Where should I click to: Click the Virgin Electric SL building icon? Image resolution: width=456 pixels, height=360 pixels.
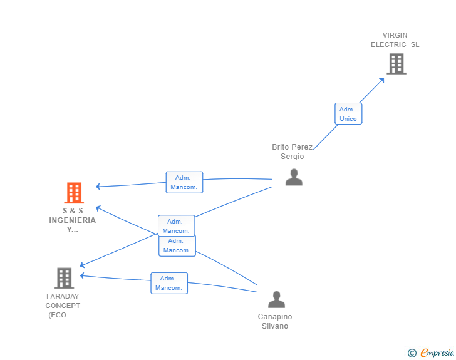pos(396,63)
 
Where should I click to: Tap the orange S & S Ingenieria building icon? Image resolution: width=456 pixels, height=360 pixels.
pos(74,193)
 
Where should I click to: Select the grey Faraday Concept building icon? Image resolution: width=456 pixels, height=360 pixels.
pos(64,278)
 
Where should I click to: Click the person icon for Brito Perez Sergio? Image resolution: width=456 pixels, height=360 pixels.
pos(294,177)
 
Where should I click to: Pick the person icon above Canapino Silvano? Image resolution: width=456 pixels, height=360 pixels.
pos(276,300)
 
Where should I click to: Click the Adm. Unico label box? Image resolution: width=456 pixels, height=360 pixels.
pos(348,114)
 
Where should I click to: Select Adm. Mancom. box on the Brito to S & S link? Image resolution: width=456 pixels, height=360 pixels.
pos(184,182)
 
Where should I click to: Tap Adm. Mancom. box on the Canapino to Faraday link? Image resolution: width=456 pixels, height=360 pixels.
pos(168,283)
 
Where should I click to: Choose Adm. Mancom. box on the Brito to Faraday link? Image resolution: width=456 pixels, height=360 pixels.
pos(176,226)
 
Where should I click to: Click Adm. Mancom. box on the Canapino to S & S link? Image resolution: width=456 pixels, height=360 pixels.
pos(177,245)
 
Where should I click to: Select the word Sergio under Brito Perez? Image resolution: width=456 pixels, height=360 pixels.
pos(292,157)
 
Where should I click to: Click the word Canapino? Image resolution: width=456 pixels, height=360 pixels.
pos(275,317)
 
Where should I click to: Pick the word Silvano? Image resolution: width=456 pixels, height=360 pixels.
pos(275,326)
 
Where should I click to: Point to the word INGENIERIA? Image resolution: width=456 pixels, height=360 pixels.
pos(73,220)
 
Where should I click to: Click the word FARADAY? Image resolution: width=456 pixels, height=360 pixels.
pos(63,296)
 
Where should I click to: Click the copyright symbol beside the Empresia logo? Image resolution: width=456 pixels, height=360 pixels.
pos(412,353)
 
